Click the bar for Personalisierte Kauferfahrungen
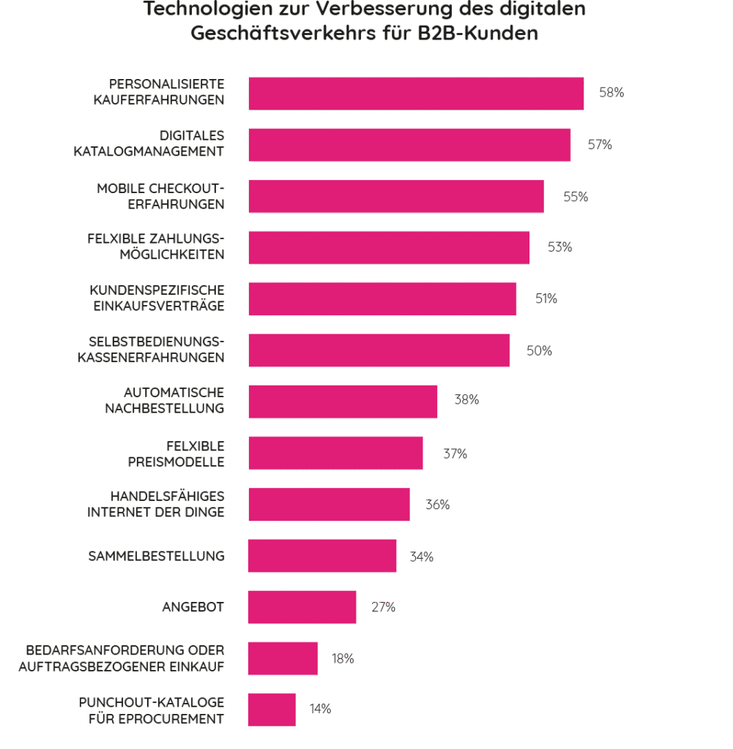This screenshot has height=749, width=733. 416,94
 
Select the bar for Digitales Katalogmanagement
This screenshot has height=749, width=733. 409,145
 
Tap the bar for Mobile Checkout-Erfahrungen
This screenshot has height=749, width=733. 396,196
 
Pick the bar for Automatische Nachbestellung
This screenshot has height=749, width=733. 343,402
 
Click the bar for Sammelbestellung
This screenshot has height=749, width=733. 322,556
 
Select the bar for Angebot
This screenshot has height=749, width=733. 302,607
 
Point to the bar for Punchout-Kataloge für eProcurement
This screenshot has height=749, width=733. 272,710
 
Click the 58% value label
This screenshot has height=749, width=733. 611,93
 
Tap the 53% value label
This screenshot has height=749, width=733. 559,247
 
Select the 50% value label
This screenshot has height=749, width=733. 539,351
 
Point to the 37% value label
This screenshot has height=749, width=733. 454,453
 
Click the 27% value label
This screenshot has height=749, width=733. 383,607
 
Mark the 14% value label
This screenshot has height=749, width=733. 320,709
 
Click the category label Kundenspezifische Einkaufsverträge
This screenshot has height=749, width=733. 157,298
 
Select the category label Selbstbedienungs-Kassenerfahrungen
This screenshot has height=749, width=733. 152,350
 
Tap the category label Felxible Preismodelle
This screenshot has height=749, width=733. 195,453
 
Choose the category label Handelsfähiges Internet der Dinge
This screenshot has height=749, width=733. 156,505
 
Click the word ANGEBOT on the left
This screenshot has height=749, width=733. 193,607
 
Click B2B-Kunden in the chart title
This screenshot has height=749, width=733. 483,34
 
